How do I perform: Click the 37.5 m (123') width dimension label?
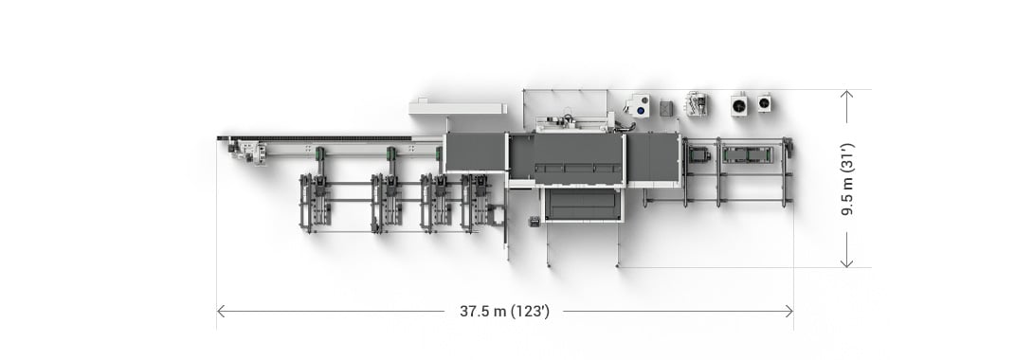(504, 311)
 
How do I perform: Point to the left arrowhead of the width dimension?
(221, 311)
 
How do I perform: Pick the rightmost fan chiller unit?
(764, 103)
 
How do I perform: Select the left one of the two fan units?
(739, 103)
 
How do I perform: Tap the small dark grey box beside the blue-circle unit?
(666, 108)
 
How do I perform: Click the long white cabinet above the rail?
(457, 107)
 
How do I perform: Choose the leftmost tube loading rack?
(316, 201)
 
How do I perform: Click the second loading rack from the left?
(389, 201)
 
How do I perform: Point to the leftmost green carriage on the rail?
(321, 153)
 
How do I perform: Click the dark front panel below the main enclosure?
(582, 204)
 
